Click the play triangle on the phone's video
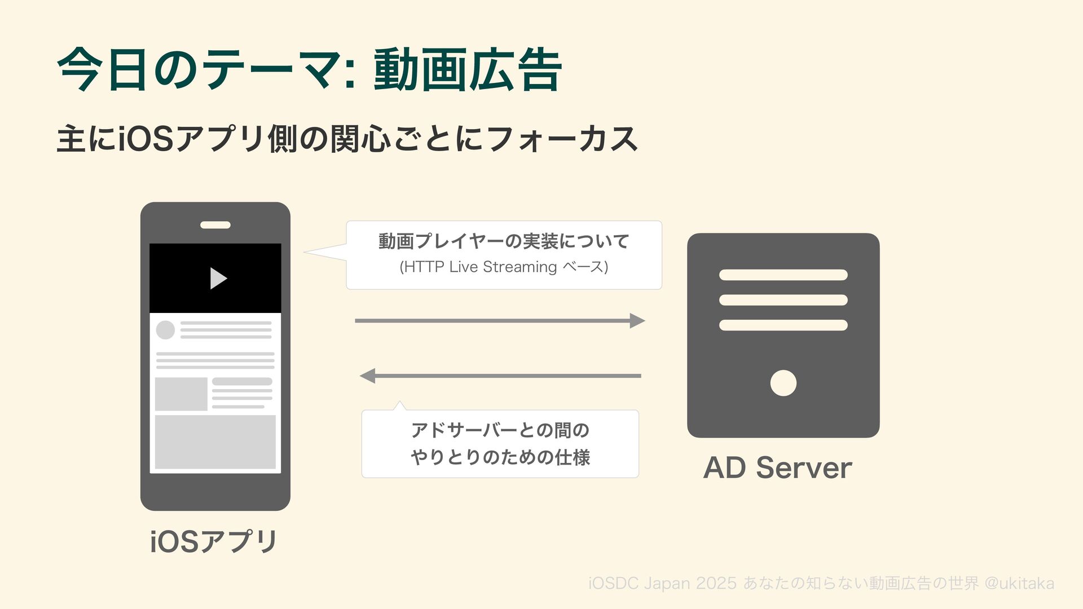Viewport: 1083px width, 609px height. click(218, 278)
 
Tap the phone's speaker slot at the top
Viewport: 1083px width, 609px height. click(215, 225)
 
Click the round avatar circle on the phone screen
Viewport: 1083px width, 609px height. click(165, 330)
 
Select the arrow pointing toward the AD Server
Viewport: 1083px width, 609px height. click(500, 321)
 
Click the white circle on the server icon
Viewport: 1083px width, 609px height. click(783, 383)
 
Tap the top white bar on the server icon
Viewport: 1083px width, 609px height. click(783, 275)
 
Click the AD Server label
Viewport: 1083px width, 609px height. click(777, 468)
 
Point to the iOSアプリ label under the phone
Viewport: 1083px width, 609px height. click(214, 541)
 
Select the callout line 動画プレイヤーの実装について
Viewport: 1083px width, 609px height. click(504, 241)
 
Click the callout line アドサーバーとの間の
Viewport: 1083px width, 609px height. click(500, 430)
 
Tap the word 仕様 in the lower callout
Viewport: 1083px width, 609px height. click(573, 457)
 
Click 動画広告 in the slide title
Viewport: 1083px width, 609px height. click(468, 70)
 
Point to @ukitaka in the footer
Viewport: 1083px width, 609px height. click(1019, 583)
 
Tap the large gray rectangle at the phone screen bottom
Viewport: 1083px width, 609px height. click(215, 442)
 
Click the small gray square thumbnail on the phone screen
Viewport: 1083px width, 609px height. click(181, 394)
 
